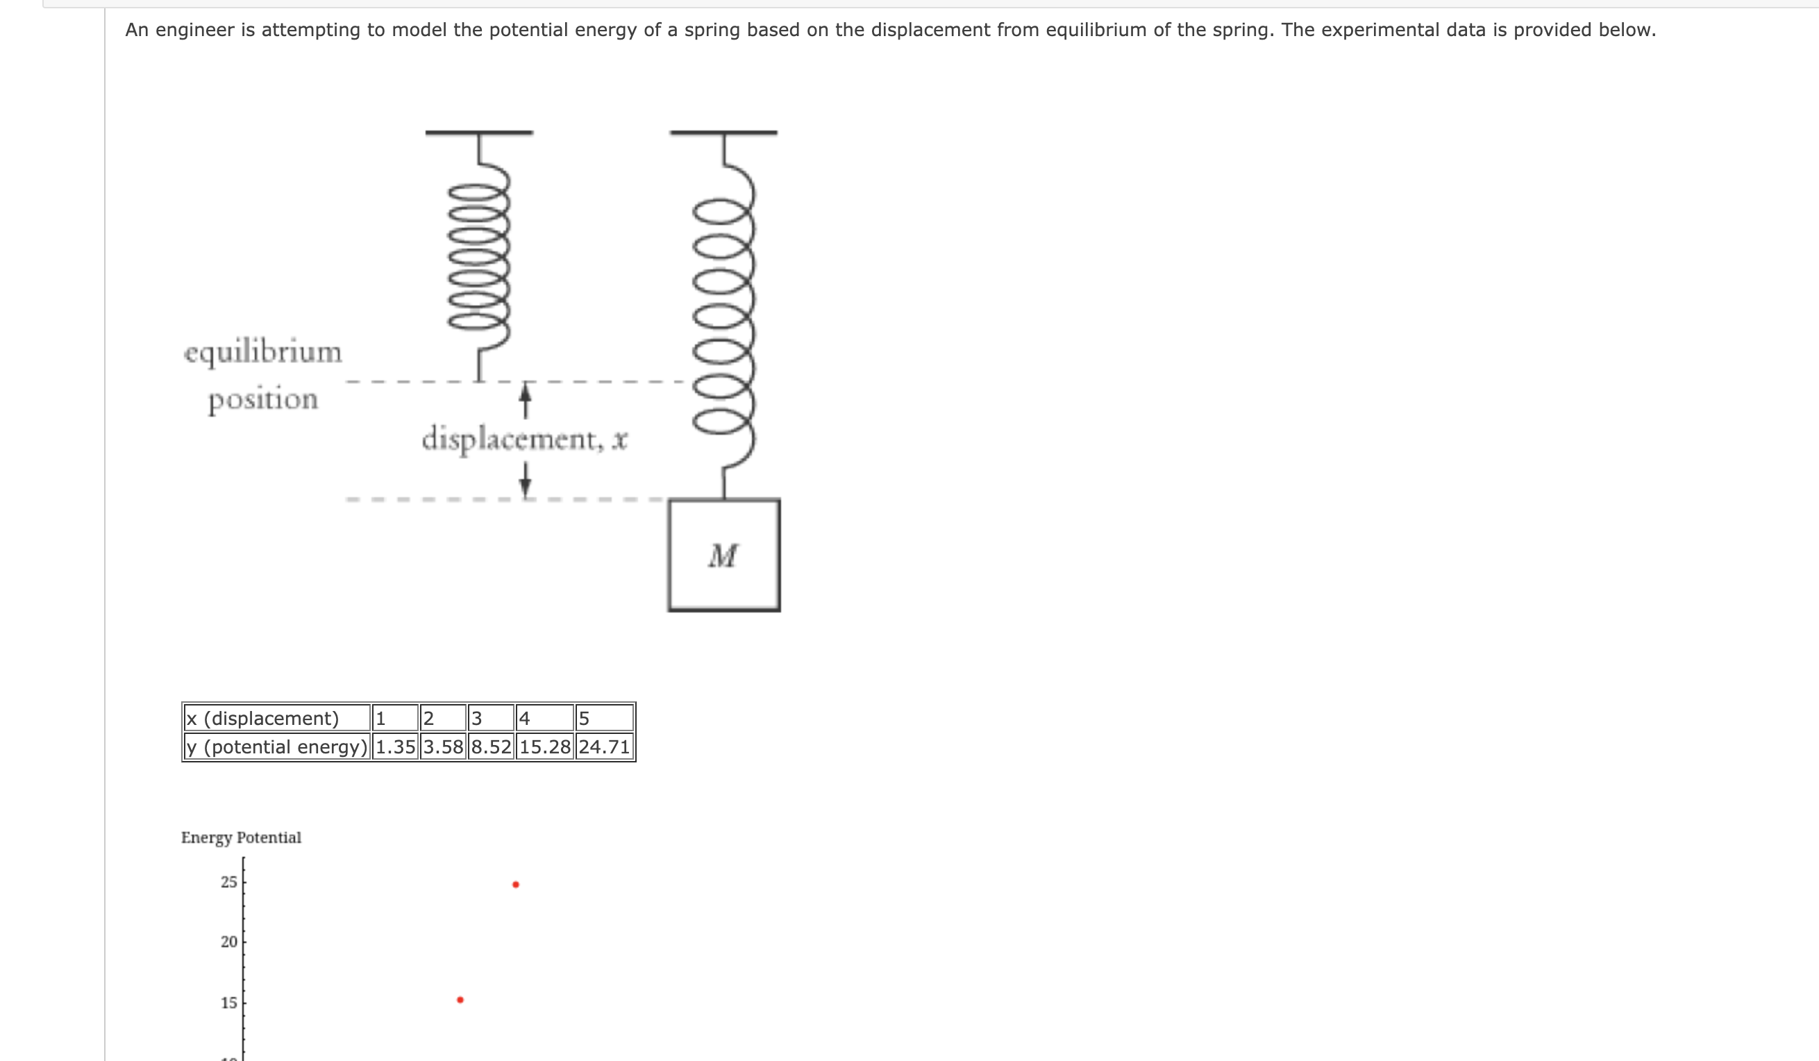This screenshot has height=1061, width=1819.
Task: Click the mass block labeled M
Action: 723,555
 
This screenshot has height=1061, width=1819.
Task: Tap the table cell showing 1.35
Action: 396,746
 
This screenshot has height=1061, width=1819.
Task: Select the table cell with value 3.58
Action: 443,746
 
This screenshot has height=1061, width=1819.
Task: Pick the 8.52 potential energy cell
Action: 491,746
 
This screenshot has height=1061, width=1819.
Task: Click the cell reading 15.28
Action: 545,746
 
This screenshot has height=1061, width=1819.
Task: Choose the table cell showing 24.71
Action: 604,746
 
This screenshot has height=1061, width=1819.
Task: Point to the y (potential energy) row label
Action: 276,746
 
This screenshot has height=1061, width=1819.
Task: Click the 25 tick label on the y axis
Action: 229,882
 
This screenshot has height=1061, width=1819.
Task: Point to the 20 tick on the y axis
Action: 229,942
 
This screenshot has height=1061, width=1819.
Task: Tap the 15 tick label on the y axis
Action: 229,1003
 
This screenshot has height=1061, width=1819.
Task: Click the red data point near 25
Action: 515,884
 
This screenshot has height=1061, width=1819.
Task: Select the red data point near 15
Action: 460,1000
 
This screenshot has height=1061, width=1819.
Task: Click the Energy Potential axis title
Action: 241,837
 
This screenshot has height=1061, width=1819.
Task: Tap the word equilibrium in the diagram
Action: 262,353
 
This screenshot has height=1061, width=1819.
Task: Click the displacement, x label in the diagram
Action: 525,439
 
